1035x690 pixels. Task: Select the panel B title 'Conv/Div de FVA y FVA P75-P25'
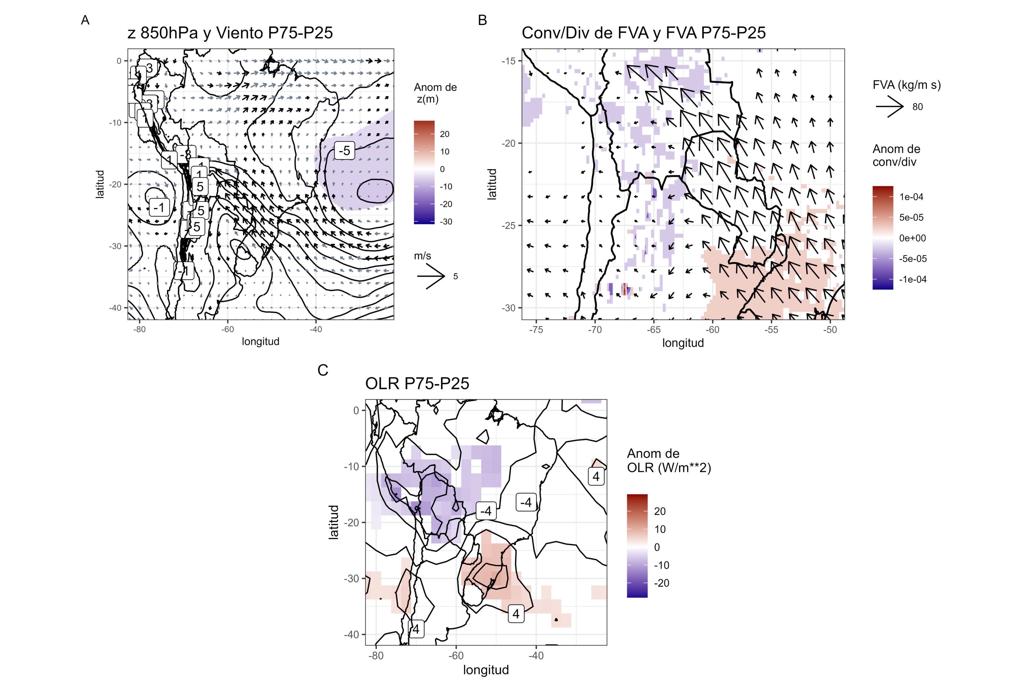click(x=643, y=33)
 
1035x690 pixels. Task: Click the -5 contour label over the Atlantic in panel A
click(x=344, y=150)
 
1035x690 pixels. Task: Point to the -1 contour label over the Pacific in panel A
click(x=159, y=207)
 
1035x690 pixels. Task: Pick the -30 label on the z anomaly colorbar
click(x=446, y=222)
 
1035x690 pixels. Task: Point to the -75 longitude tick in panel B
click(x=536, y=330)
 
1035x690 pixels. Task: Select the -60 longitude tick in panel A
click(x=227, y=329)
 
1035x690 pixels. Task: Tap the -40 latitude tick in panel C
click(x=351, y=635)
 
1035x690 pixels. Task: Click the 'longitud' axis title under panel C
click(x=486, y=670)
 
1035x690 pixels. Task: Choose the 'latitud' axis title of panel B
click(x=492, y=184)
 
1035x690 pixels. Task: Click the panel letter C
click(x=323, y=371)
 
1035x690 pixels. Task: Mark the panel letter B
click(x=482, y=20)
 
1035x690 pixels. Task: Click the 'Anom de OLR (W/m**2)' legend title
click(x=668, y=460)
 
